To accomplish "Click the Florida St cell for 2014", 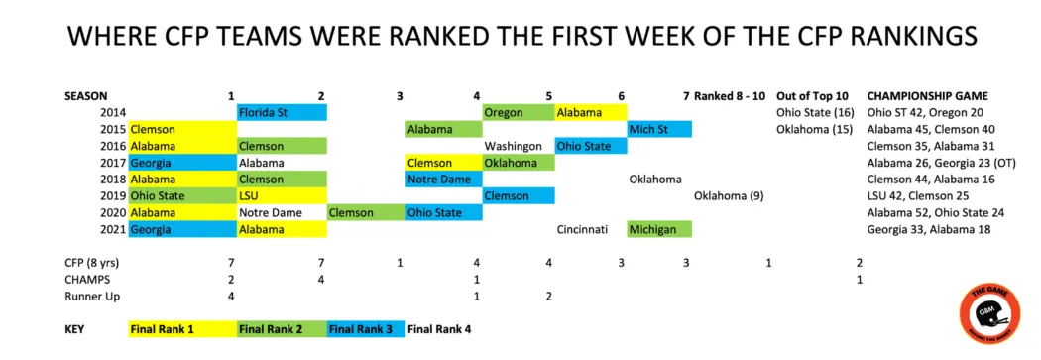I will click(282, 113).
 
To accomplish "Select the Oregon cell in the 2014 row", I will click(519, 113).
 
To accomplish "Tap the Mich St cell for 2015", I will click(659, 130).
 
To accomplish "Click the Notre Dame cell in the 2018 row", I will click(444, 180).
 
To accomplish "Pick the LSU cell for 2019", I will click(282, 196).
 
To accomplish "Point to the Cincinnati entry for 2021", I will click(582, 230).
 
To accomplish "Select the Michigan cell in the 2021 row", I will click(659, 230).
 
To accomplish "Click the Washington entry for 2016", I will click(513, 146).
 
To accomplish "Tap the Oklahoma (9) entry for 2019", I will click(729, 196).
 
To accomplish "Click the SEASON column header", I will click(86, 96).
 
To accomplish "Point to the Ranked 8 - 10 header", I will click(730, 96).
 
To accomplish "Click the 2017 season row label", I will click(112, 163).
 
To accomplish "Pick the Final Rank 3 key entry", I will click(366, 329).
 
